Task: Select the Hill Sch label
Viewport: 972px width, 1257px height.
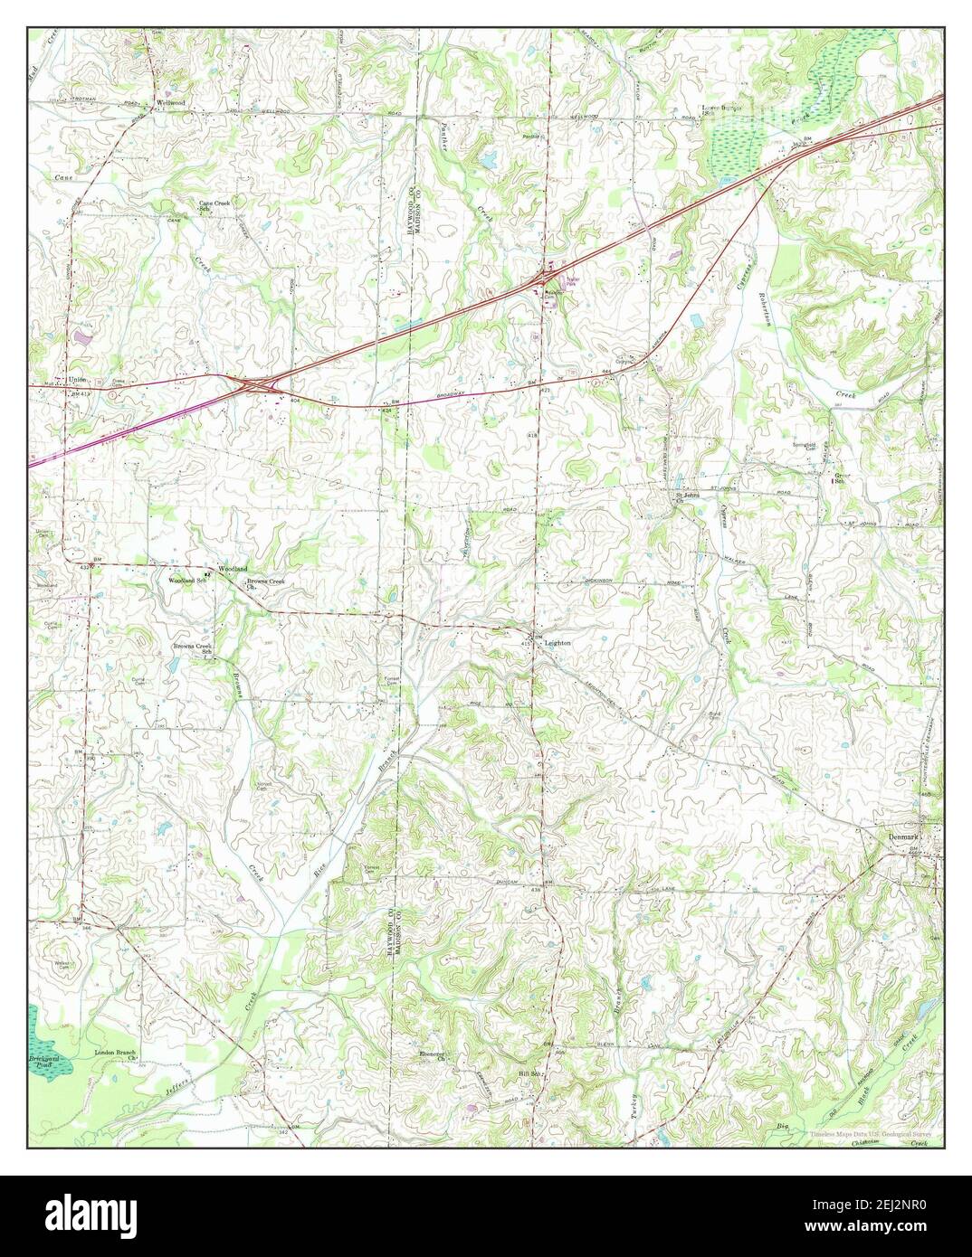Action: pyautogui.click(x=528, y=1073)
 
